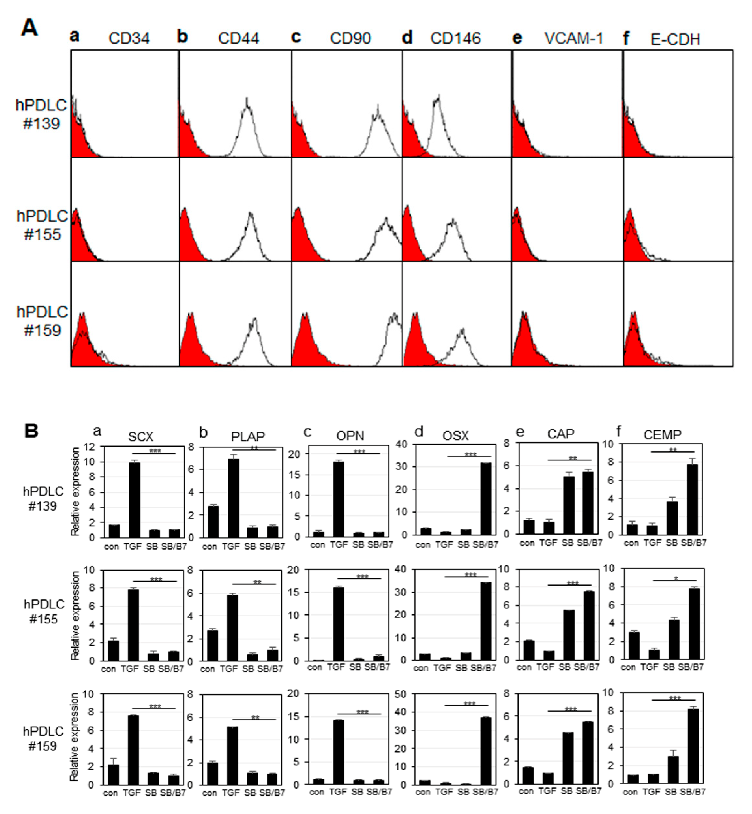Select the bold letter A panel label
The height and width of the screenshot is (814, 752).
pos(29,28)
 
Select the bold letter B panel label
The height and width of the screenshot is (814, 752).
pos(31,430)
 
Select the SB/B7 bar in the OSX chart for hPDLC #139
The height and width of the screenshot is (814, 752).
pos(485,498)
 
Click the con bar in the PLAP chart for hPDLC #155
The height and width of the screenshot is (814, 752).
pos(212,645)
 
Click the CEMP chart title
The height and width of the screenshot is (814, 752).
pos(662,434)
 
